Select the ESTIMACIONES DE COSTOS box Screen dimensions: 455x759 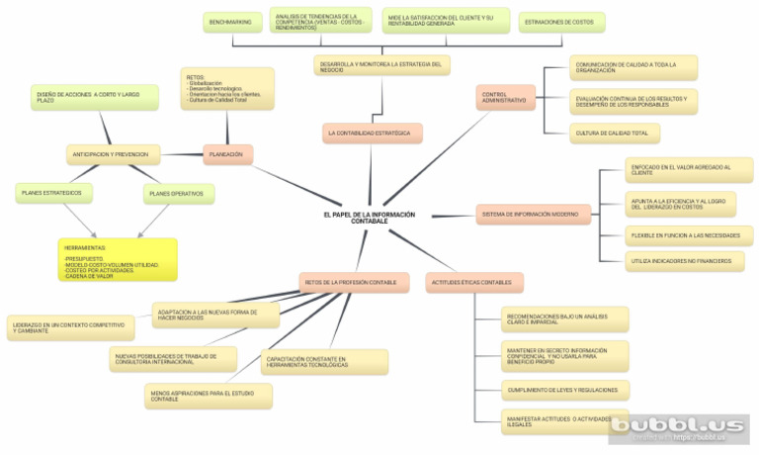(x=560, y=22)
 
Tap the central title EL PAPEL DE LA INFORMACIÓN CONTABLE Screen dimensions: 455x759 (x=369, y=217)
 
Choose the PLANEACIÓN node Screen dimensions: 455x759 (x=227, y=154)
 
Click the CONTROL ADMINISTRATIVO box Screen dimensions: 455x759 (x=505, y=97)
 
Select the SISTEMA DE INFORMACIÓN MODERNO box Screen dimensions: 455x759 (x=533, y=214)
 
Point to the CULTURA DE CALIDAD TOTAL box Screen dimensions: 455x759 (x=615, y=133)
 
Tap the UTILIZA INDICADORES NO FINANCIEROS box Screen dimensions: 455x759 (x=684, y=261)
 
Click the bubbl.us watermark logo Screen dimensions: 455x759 (x=678, y=427)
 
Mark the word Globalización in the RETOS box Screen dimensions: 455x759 (x=206, y=83)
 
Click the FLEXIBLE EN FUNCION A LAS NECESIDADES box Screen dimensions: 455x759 (x=688, y=235)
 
